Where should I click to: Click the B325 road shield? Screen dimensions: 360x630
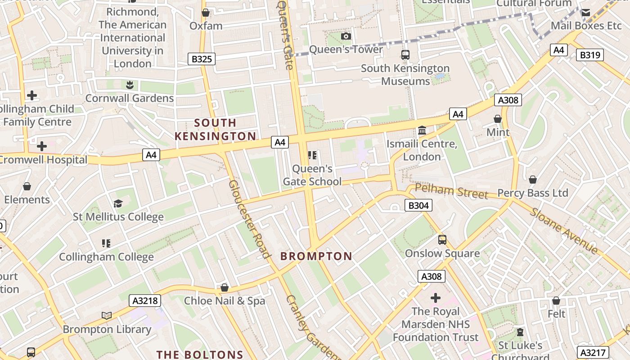tap(202, 59)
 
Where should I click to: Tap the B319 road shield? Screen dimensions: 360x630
tap(590, 55)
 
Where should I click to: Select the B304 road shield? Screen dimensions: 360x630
tap(418, 206)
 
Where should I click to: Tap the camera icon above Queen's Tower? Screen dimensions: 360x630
tap(346, 36)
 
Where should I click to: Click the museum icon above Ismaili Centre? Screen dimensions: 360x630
tap(422, 130)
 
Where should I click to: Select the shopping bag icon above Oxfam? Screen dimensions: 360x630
tap(206, 13)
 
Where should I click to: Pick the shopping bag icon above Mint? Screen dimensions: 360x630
tap(498, 119)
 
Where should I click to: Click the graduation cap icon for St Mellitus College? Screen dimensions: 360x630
tap(118, 203)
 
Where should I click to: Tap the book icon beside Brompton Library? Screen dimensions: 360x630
tap(107, 315)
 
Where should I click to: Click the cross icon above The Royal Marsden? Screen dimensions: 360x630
tap(435, 297)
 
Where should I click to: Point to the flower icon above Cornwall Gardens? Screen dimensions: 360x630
tap(130, 85)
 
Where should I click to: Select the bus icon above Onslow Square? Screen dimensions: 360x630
tap(442, 239)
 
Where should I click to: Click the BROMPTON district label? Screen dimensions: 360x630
tap(316, 256)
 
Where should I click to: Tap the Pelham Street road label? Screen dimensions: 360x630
tap(451, 191)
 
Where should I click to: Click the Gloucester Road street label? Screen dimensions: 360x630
tap(249, 219)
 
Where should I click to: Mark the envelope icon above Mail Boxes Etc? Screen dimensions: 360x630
tap(585, 13)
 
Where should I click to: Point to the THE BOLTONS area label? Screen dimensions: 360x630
tap(200, 355)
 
